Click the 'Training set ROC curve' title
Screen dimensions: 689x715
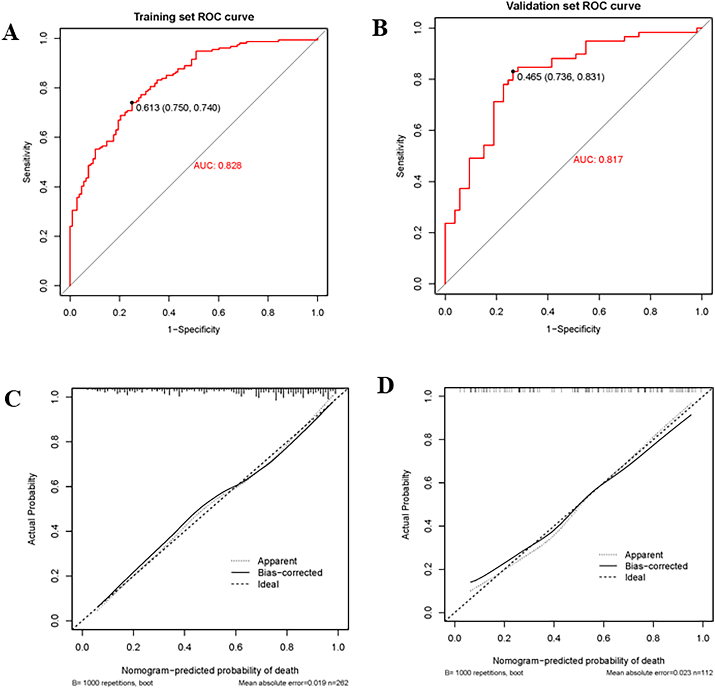point(193,17)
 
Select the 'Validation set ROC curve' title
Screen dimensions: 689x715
point(573,6)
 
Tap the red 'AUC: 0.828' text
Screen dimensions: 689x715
point(218,166)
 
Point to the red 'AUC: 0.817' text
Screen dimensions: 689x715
point(598,160)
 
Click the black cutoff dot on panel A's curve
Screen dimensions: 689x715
point(132,103)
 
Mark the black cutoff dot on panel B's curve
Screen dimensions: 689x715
point(513,72)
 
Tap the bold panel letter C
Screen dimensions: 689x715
point(12,399)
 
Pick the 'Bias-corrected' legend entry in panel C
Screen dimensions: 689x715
point(290,573)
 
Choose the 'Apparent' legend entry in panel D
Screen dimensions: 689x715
point(644,555)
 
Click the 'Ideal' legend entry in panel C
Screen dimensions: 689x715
point(268,584)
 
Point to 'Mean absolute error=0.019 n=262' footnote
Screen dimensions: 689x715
point(293,683)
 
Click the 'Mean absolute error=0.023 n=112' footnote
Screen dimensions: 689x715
point(659,672)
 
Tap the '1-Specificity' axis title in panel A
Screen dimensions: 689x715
point(193,329)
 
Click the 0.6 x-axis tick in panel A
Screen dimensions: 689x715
point(218,312)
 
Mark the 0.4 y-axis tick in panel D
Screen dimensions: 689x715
point(428,526)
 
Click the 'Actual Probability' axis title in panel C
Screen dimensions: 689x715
point(32,509)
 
